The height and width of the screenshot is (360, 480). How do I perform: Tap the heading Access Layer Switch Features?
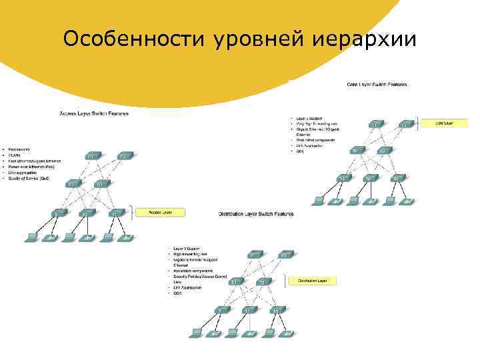94,113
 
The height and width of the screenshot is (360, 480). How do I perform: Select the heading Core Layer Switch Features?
377,85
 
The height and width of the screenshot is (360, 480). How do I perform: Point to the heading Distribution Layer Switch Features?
256,214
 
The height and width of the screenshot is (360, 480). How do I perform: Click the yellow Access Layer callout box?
161,212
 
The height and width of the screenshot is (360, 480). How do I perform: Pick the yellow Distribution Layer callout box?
313,281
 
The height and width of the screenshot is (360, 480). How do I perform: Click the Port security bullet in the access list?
20,149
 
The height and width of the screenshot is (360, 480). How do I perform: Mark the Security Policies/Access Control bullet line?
200,277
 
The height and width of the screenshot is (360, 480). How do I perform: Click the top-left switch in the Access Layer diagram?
93,157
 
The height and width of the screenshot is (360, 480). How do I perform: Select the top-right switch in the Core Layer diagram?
405,125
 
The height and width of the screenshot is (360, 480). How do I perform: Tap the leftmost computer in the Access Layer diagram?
31,237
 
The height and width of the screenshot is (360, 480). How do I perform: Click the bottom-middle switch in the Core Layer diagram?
369,178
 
